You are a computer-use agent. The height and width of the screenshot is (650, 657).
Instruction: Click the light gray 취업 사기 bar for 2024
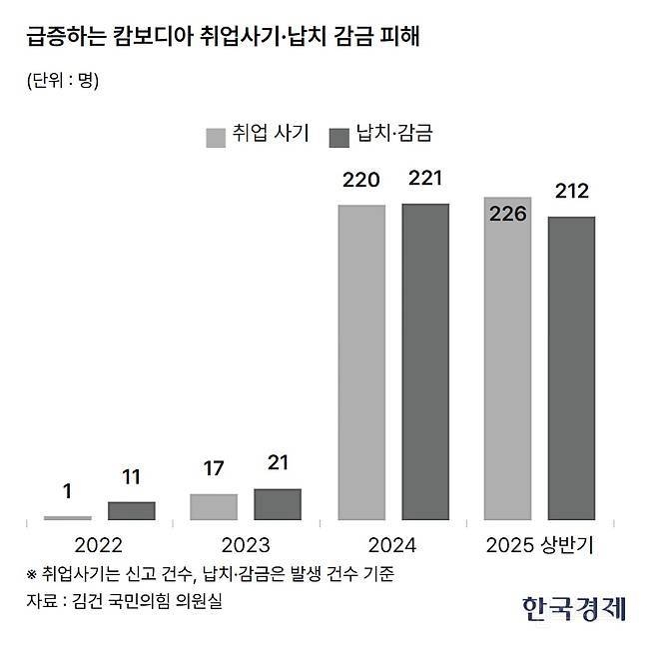[361, 362]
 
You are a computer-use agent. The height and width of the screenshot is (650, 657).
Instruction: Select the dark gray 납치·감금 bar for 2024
[425, 361]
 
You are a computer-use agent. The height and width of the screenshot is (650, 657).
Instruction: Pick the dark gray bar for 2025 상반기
[571, 367]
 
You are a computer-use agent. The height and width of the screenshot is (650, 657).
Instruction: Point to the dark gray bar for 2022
[131, 510]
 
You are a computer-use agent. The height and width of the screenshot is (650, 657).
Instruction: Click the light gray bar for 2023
[213, 506]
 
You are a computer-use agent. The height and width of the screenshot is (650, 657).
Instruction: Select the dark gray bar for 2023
[278, 504]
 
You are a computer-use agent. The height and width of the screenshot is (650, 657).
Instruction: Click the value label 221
[425, 180]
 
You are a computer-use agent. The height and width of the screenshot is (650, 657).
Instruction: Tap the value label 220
[361, 181]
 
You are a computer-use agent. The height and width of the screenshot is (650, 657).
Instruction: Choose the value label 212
[572, 191]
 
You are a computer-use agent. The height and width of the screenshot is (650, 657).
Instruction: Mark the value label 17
[213, 467]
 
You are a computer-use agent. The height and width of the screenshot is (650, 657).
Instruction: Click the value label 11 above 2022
[131, 477]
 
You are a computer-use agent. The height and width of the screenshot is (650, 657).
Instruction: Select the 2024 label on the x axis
[392, 545]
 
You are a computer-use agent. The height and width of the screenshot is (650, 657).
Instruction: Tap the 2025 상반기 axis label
[540, 545]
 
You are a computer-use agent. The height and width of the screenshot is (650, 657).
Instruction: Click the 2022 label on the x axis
[98, 545]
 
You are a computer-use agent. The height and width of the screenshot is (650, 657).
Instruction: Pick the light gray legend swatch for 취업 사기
[217, 136]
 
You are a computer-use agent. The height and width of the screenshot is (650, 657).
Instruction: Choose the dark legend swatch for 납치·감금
[340, 136]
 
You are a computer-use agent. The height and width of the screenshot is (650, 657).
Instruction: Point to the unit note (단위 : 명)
[63, 81]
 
